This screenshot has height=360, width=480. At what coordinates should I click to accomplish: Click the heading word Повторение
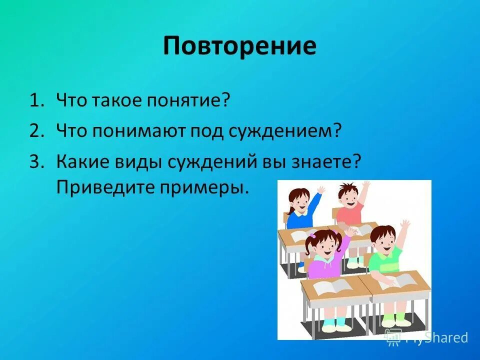239,46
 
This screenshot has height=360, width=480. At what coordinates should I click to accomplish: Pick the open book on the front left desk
327,285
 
